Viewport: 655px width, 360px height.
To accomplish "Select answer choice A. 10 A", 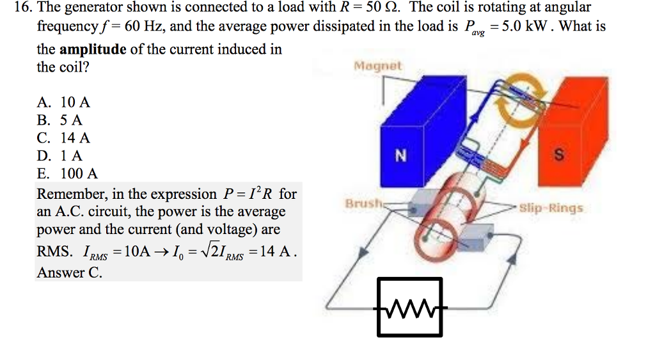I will click(64, 102).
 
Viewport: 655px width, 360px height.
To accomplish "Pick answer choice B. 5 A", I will click(60, 120).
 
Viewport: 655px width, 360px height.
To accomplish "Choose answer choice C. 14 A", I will click(64, 137).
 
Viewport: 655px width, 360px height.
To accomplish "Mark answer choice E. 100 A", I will click(68, 173).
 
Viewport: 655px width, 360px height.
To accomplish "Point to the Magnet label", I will click(377, 66).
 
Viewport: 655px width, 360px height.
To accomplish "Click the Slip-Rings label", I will click(551, 208).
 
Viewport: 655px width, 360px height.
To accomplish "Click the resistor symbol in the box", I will click(409, 307).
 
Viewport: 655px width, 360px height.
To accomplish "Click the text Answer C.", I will click(69, 272).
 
